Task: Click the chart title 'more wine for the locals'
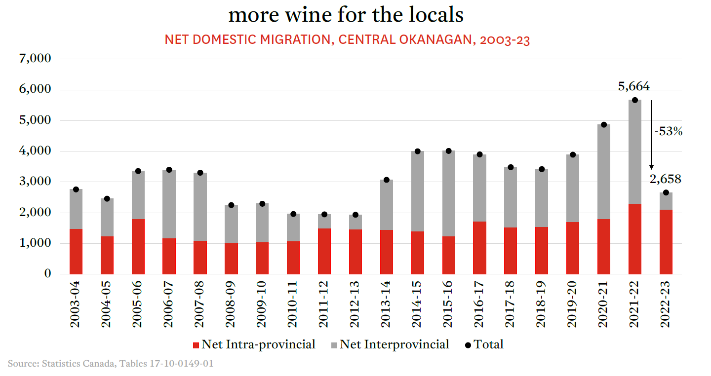(x=346, y=15)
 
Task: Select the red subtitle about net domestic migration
(x=347, y=40)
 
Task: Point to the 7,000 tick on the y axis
(x=35, y=59)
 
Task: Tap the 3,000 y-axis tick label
(x=35, y=182)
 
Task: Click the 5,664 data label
(x=634, y=87)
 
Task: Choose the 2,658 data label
(x=666, y=179)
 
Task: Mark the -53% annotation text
(x=668, y=132)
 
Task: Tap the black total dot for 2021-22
(x=635, y=100)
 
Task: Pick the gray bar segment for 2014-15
(x=417, y=191)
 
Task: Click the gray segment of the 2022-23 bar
(x=666, y=201)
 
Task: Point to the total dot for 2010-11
(x=293, y=214)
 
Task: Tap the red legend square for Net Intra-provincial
(x=195, y=345)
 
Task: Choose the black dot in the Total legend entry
(x=468, y=345)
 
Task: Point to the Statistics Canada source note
(x=111, y=364)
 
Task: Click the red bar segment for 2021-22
(x=635, y=239)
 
